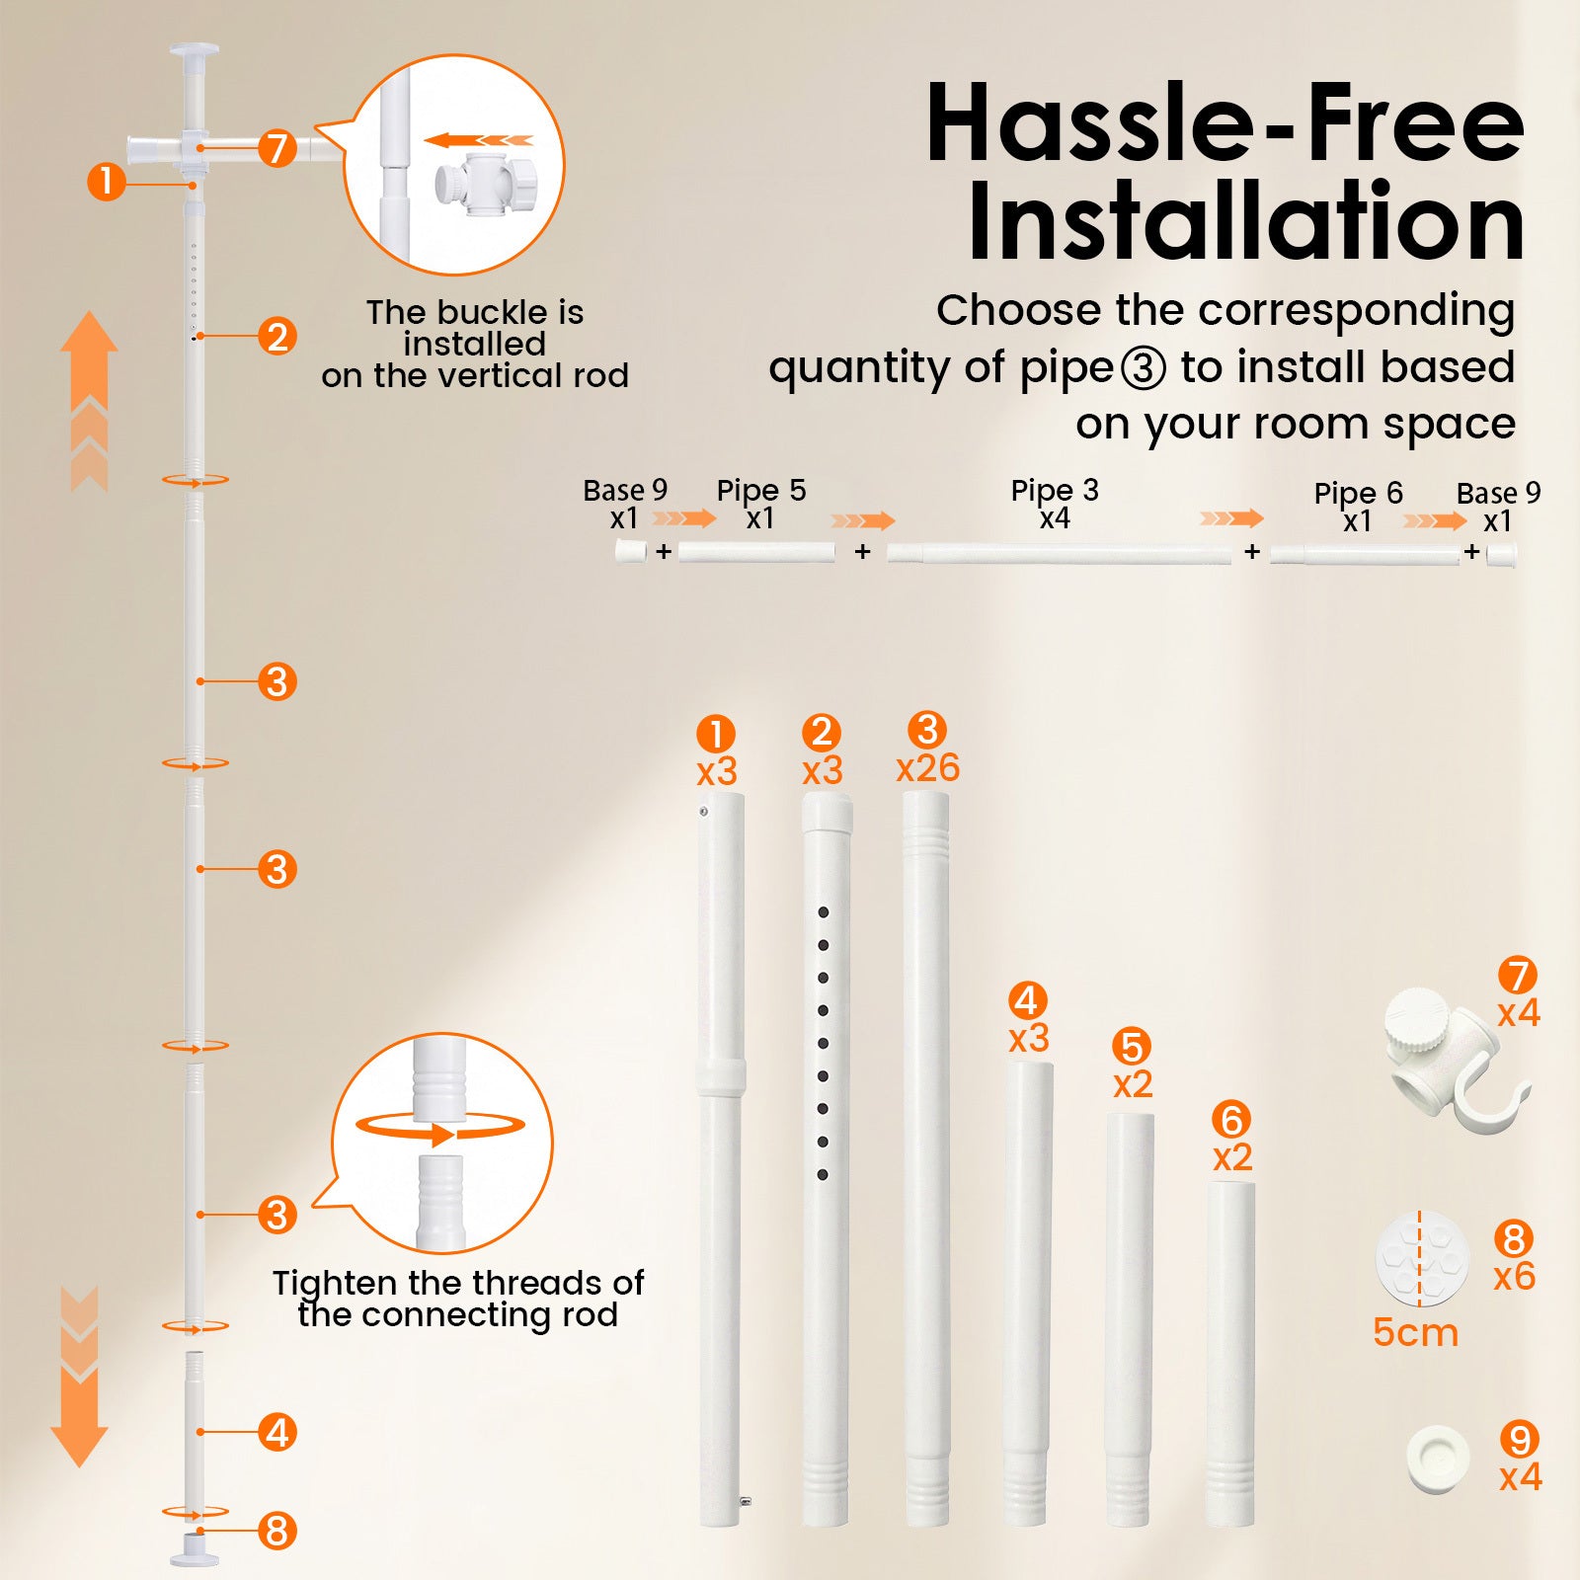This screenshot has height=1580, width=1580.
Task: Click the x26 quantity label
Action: (927, 767)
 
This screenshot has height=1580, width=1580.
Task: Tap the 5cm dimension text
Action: (1415, 1332)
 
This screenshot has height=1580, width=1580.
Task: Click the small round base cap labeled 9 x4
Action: (1438, 1460)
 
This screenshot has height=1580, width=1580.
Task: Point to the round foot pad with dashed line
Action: (1422, 1260)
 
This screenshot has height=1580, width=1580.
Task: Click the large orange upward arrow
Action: (89, 400)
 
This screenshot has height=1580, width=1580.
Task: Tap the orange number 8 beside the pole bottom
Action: (277, 1531)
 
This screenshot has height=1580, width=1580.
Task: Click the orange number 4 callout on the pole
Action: (277, 1432)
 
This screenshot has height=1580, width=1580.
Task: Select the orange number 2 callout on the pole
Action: (277, 336)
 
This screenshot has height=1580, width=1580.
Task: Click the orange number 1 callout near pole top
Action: (106, 182)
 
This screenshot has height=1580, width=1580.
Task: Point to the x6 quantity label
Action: (1514, 1276)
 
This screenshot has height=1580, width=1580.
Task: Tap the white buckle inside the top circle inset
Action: (486, 185)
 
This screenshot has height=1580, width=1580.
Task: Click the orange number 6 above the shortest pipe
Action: (1231, 1120)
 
